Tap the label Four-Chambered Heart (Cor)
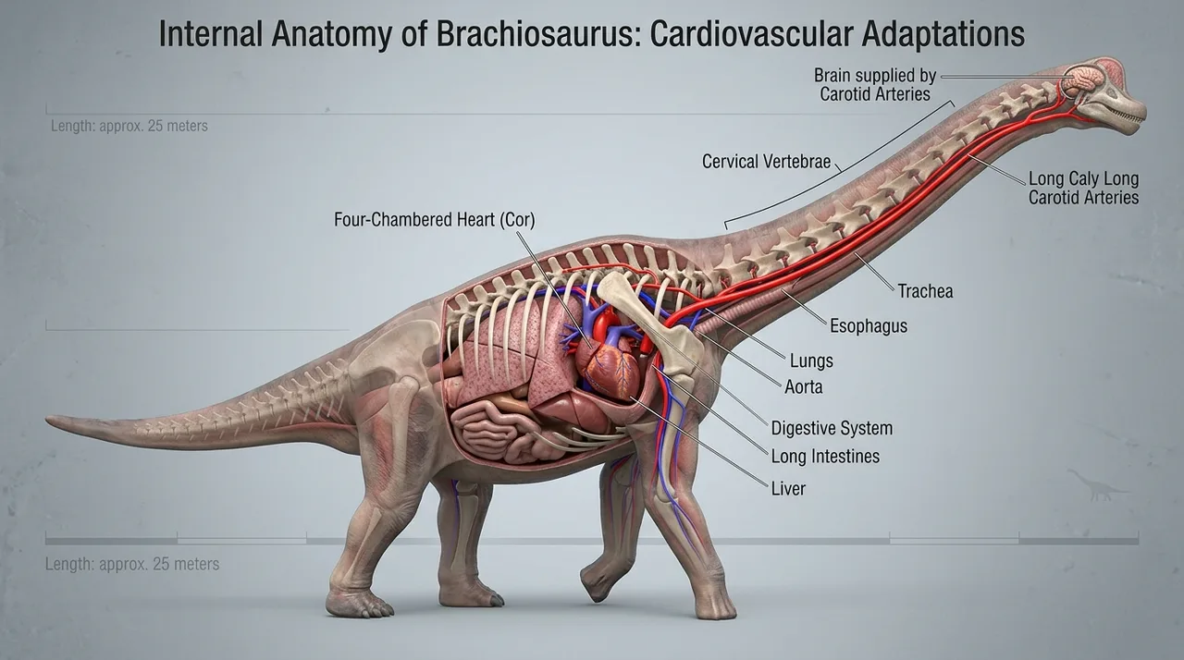pyautogui.click(x=435, y=219)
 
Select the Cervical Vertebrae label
pyautogui.click(x=767, y=161)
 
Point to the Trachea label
pyautogui.click(x=926, y=291)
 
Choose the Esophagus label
pyautogui.click(x=869, y=325)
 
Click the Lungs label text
pyautogui.click(x=811, y=361)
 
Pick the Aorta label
pyautogui.click(x=804, y=387)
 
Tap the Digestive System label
pyautogui.click(x=832, y=428)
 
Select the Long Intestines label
pyautogui.click(x=825, y=457)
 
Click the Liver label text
pyautogui.click(x=788, y=488)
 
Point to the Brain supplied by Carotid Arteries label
pyautogui.click(x=875, y=84)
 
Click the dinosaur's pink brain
pyautogui.click(x=1081, y=80)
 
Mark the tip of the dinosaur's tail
pyautogui.click(x=47, y=420)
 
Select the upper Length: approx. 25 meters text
pyautogui.click(x=129, y=127)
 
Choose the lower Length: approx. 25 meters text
pyautogui.click(x=132, y=564)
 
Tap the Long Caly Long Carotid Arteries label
pyautogui.click(x=1083, y=188)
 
